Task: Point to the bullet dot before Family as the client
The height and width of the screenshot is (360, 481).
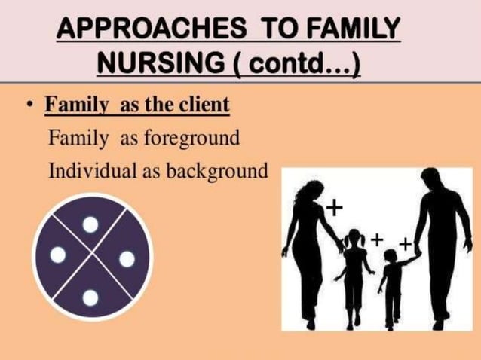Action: pyautogui.click(x=28, y=105)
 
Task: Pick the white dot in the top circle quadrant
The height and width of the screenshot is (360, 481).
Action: pyautogui.click(x=90, y=224)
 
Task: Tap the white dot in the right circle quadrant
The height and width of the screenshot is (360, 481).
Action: pyautogui.click(x=127, y=259)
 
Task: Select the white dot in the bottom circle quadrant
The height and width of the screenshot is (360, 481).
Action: pyautogui.click(x=90, y=297)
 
